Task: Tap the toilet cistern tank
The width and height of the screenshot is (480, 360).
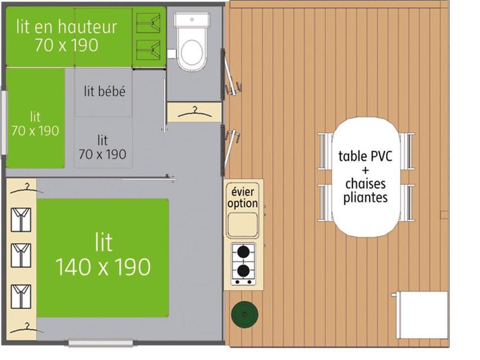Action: [x=192, y=20]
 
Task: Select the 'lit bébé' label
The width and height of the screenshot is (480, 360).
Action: [x=105, y=91]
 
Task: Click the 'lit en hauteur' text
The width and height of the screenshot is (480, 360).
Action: [x=67, y=27]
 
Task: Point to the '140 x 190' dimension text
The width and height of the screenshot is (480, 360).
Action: [x=103, y=267]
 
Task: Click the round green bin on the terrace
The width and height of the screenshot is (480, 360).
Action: [x=245, y=314]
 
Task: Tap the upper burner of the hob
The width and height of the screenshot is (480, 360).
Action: [x=243, y=252]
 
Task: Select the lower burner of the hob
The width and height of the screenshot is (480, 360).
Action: [x=243, y=271]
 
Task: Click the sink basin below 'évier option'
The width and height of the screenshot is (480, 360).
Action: [x=243, y=225]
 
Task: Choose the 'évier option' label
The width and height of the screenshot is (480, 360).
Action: [x=243, y=197]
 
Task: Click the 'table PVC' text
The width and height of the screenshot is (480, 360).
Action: [x=365, y=156]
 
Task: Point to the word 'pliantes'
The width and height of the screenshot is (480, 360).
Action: [x=365, y=197]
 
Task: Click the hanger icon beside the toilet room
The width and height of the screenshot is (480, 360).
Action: [x=195, y=113]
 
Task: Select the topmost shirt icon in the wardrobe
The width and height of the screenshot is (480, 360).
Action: [x=21, y=220]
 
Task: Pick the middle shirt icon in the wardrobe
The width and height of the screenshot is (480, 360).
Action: [x=21, y=255]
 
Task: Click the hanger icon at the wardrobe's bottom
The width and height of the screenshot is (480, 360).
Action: [x=27, y=328]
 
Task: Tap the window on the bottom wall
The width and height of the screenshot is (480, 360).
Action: [x=100, y=343]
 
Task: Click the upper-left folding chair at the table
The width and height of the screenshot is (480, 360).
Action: [x=326, y=151]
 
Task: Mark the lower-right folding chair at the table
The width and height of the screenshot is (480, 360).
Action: [x=407, y=203]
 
